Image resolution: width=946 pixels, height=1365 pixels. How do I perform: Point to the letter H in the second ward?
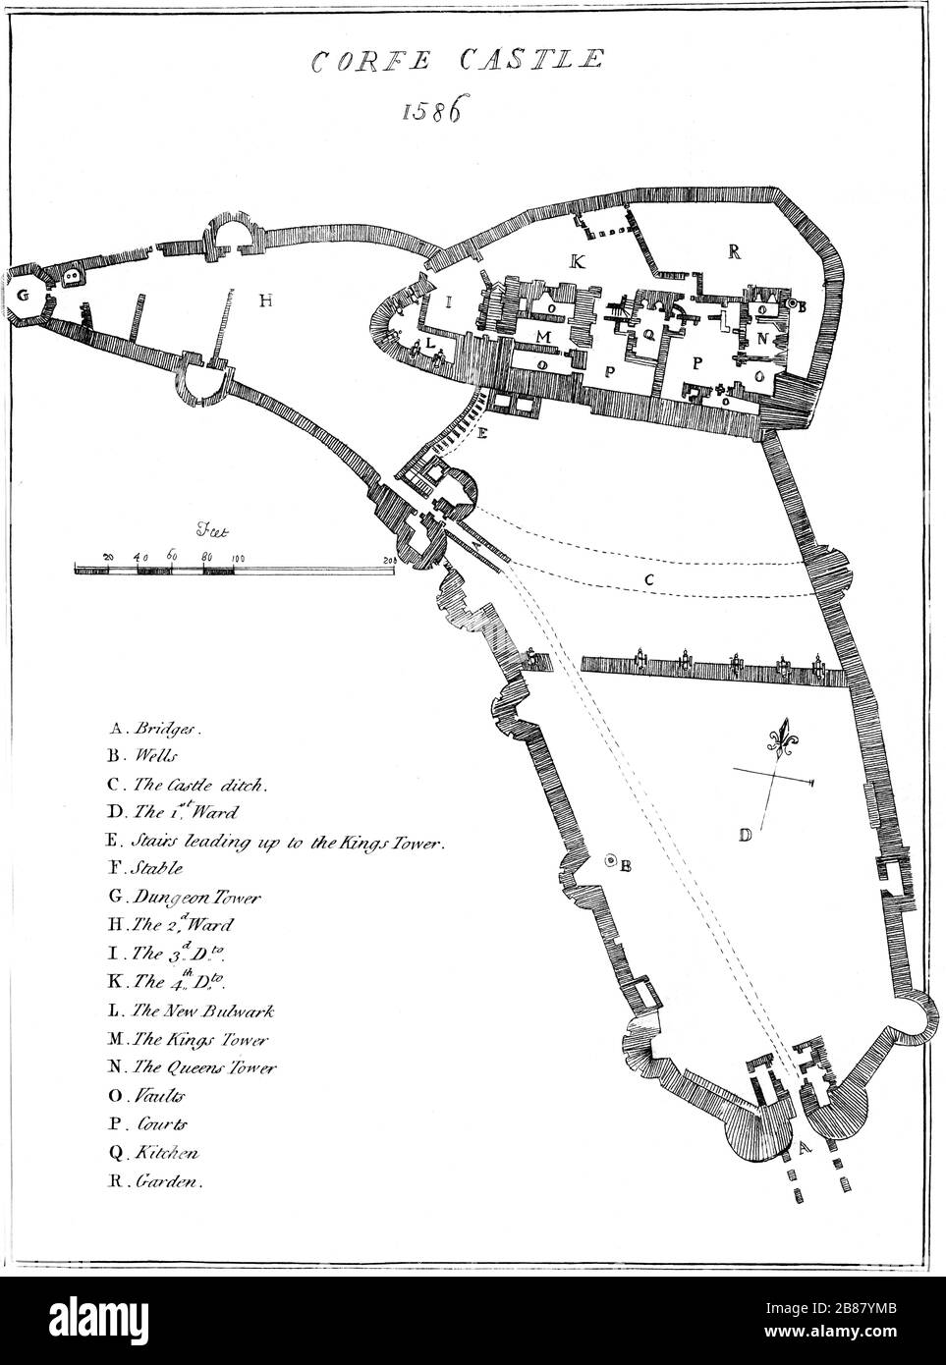click(x=265, y=301)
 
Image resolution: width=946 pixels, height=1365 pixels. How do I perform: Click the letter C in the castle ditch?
click(x=649, y=580)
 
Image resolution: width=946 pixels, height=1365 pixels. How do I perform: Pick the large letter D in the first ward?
click(x=746, y=836)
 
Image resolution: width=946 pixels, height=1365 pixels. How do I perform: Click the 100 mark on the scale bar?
click(x=237, y=558)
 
